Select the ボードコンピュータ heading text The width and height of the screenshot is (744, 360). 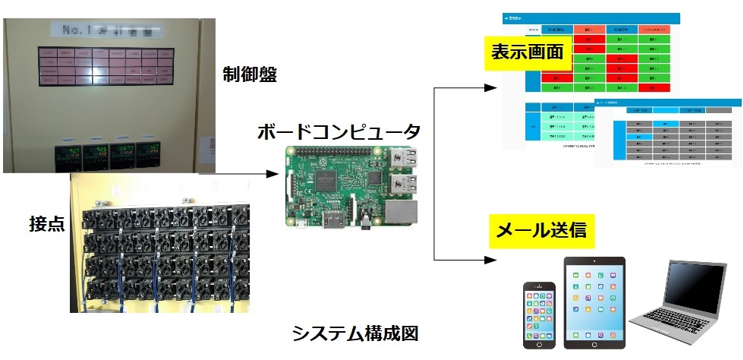tap(339, 130)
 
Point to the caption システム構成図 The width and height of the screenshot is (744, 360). tap(355, 333)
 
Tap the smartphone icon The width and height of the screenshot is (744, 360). tap(539, 314)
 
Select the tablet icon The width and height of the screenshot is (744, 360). tap(594, 303)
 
